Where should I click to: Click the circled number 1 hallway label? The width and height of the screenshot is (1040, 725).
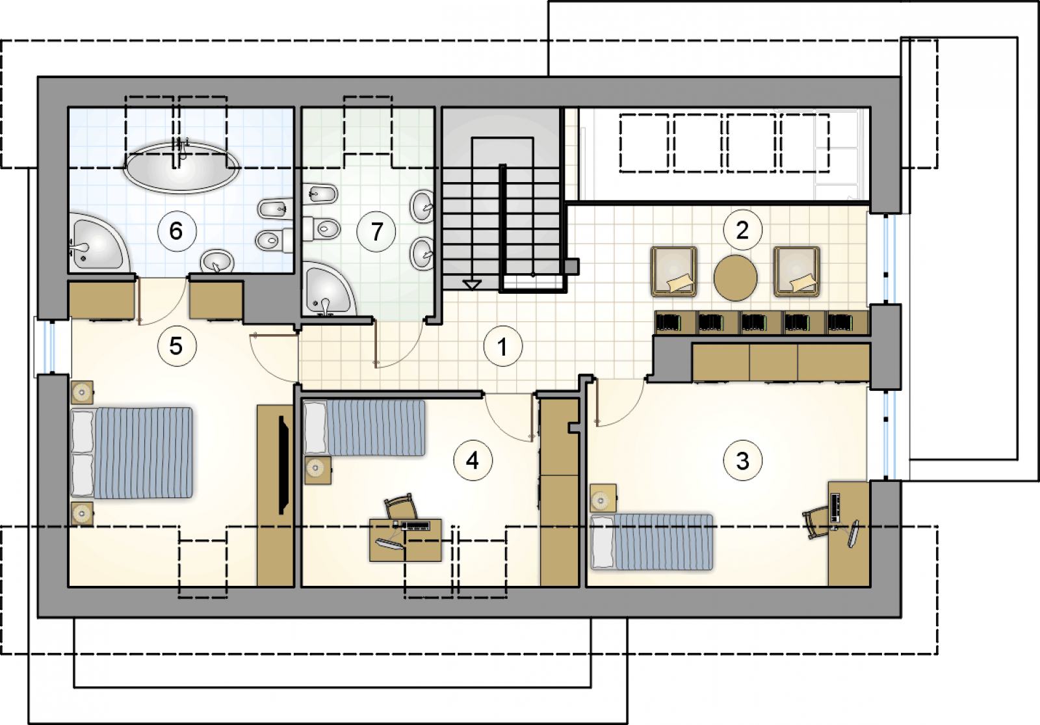[503, 346]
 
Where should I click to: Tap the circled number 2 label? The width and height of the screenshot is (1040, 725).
[742, 230]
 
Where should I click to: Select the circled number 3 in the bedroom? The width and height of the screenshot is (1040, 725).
[743, 460]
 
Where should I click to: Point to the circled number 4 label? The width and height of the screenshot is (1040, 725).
[473, 460]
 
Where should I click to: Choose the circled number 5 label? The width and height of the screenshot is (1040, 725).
[176, 346]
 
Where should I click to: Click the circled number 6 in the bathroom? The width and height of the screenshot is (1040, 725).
[176, 231]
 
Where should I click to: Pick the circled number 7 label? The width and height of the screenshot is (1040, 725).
[376, 231]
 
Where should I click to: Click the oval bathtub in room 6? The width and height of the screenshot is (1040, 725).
[181, 168]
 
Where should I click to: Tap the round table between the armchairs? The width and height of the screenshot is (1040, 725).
[735, 278]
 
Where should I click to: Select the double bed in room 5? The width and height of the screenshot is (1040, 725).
[131, 453]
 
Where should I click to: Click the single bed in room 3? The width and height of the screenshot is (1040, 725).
[651, 542]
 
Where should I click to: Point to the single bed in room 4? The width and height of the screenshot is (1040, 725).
[365, 428]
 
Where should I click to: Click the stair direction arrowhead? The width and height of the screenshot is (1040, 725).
[472, 285]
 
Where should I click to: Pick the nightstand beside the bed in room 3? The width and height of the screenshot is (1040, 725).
[603, 498]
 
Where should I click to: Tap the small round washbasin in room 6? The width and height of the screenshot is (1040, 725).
[217, 261]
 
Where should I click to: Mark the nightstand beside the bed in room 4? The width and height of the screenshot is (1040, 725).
[318, 470]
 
